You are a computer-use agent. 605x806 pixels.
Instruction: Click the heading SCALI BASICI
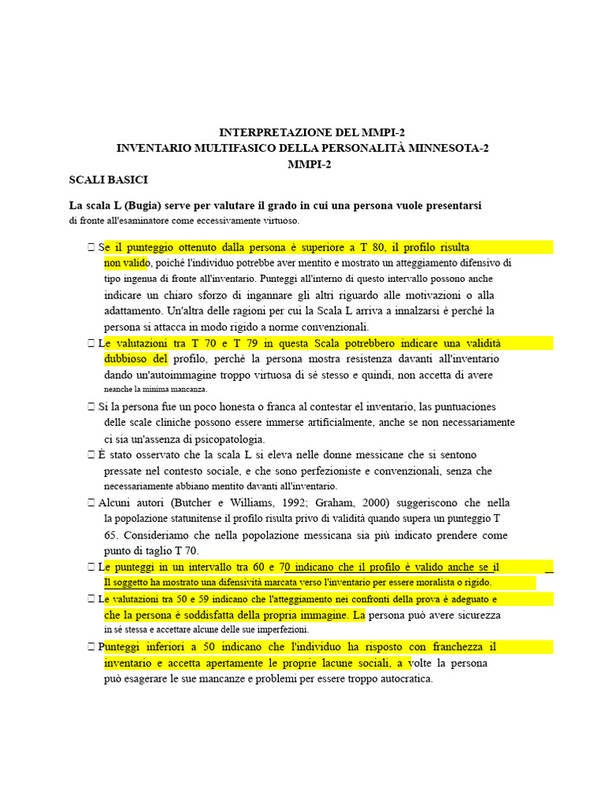coord(109,180)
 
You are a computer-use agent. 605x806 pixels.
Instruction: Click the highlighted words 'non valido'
coord(126,263)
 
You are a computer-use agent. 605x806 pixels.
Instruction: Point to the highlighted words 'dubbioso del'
coord(135,359)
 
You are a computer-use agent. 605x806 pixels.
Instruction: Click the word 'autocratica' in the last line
coord(403,678)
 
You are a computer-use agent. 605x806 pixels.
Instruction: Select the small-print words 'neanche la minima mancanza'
coord(156,390)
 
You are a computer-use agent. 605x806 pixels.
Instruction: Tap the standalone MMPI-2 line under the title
coord(302,164)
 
